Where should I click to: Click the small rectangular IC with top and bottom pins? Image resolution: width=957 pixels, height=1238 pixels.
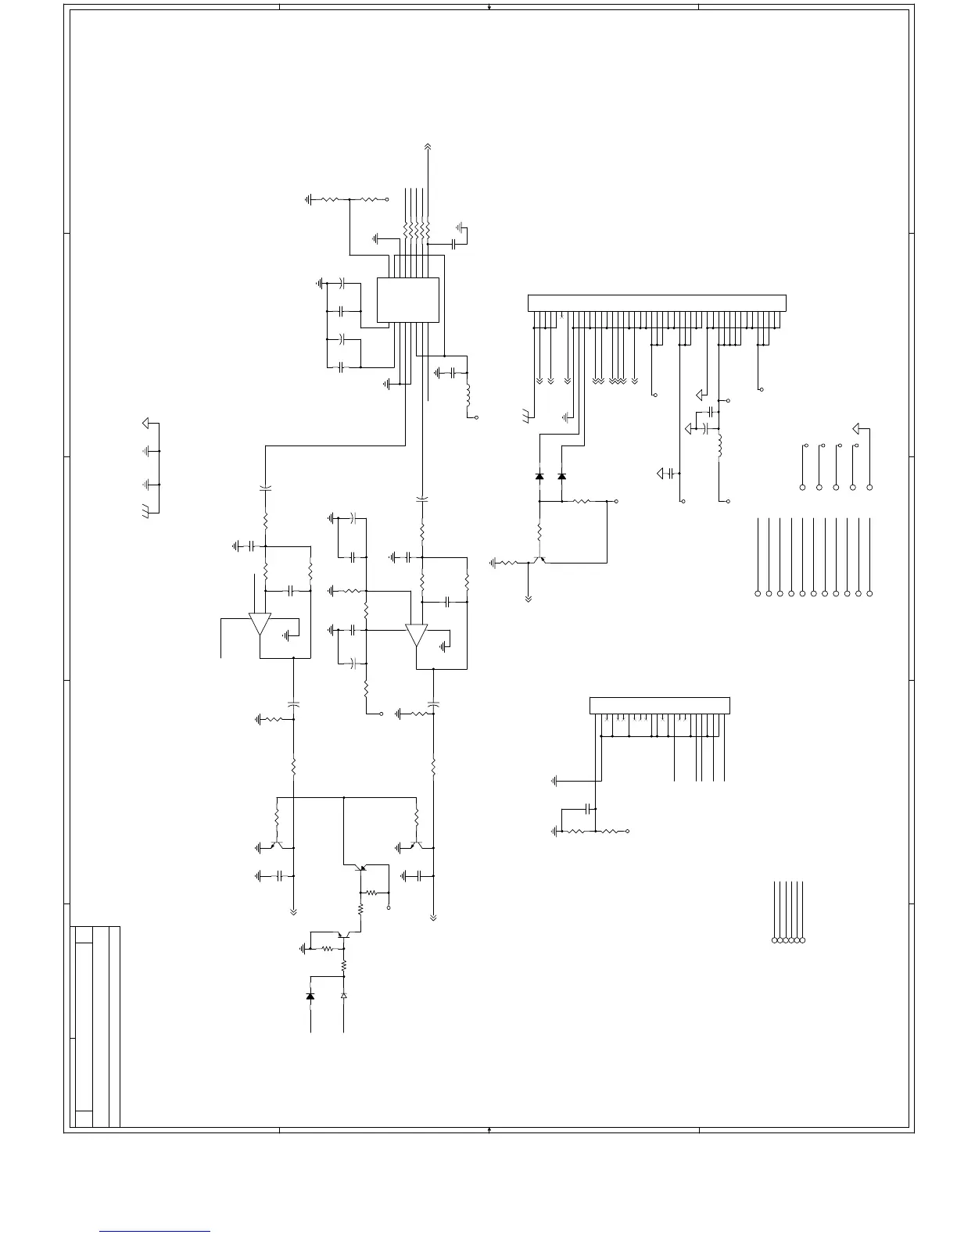point(407,299)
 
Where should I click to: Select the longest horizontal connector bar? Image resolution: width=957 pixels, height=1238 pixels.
point(657,302)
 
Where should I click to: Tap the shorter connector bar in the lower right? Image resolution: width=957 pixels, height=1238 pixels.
point(659,705)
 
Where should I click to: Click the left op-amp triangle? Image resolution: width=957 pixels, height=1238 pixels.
point(260,624)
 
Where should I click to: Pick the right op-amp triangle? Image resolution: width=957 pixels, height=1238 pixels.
point(416,634)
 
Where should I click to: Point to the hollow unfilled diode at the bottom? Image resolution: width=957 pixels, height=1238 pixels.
point(343,996)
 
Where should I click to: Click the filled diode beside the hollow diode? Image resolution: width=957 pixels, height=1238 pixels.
point(310,996)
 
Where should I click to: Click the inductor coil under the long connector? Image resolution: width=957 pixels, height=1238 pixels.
point(719,445)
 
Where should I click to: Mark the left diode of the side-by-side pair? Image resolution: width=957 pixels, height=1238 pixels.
point(539,476)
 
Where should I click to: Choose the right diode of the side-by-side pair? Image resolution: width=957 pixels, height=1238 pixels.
point(561,476)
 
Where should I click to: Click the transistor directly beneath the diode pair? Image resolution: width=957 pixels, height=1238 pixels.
point(538,560)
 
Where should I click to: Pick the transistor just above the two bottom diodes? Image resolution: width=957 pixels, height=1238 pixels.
point(342,936)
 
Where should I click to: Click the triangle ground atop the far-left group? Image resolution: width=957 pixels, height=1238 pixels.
point(145,424)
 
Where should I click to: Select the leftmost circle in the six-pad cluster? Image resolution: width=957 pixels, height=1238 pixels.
point(775,939)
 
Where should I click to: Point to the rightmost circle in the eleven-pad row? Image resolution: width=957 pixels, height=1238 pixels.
point(869,594)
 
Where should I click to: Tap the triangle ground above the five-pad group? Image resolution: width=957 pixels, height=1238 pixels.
point(858,428)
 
